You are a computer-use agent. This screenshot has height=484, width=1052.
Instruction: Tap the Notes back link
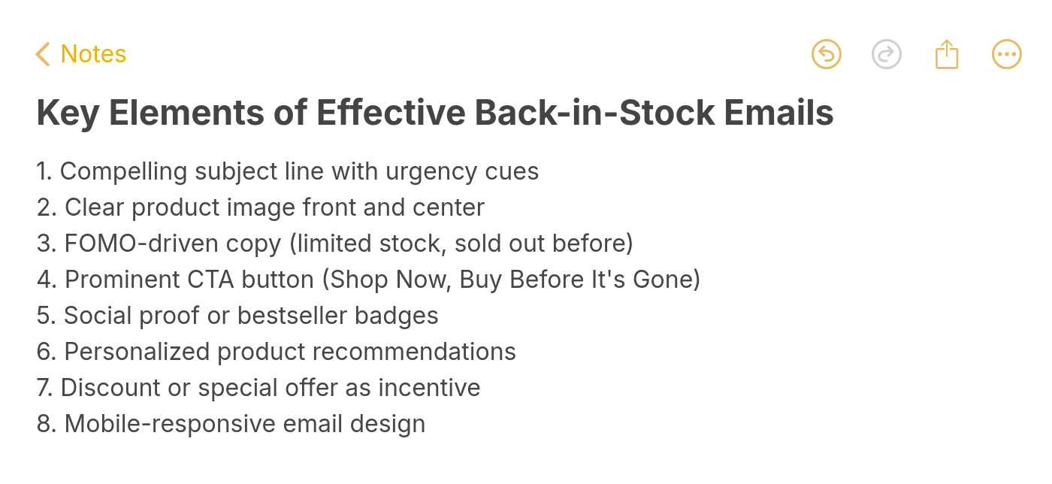[x=81, y=54]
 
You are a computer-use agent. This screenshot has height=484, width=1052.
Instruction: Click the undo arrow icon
[x=827, y=54]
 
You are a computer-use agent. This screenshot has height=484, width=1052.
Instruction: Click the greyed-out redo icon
[x=887, y=54]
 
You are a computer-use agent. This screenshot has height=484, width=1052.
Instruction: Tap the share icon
[x=947, y=54]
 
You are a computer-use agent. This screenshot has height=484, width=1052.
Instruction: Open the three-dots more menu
[x=1007, y=54]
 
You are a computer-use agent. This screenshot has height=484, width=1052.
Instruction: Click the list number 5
[x=44, y=316]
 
